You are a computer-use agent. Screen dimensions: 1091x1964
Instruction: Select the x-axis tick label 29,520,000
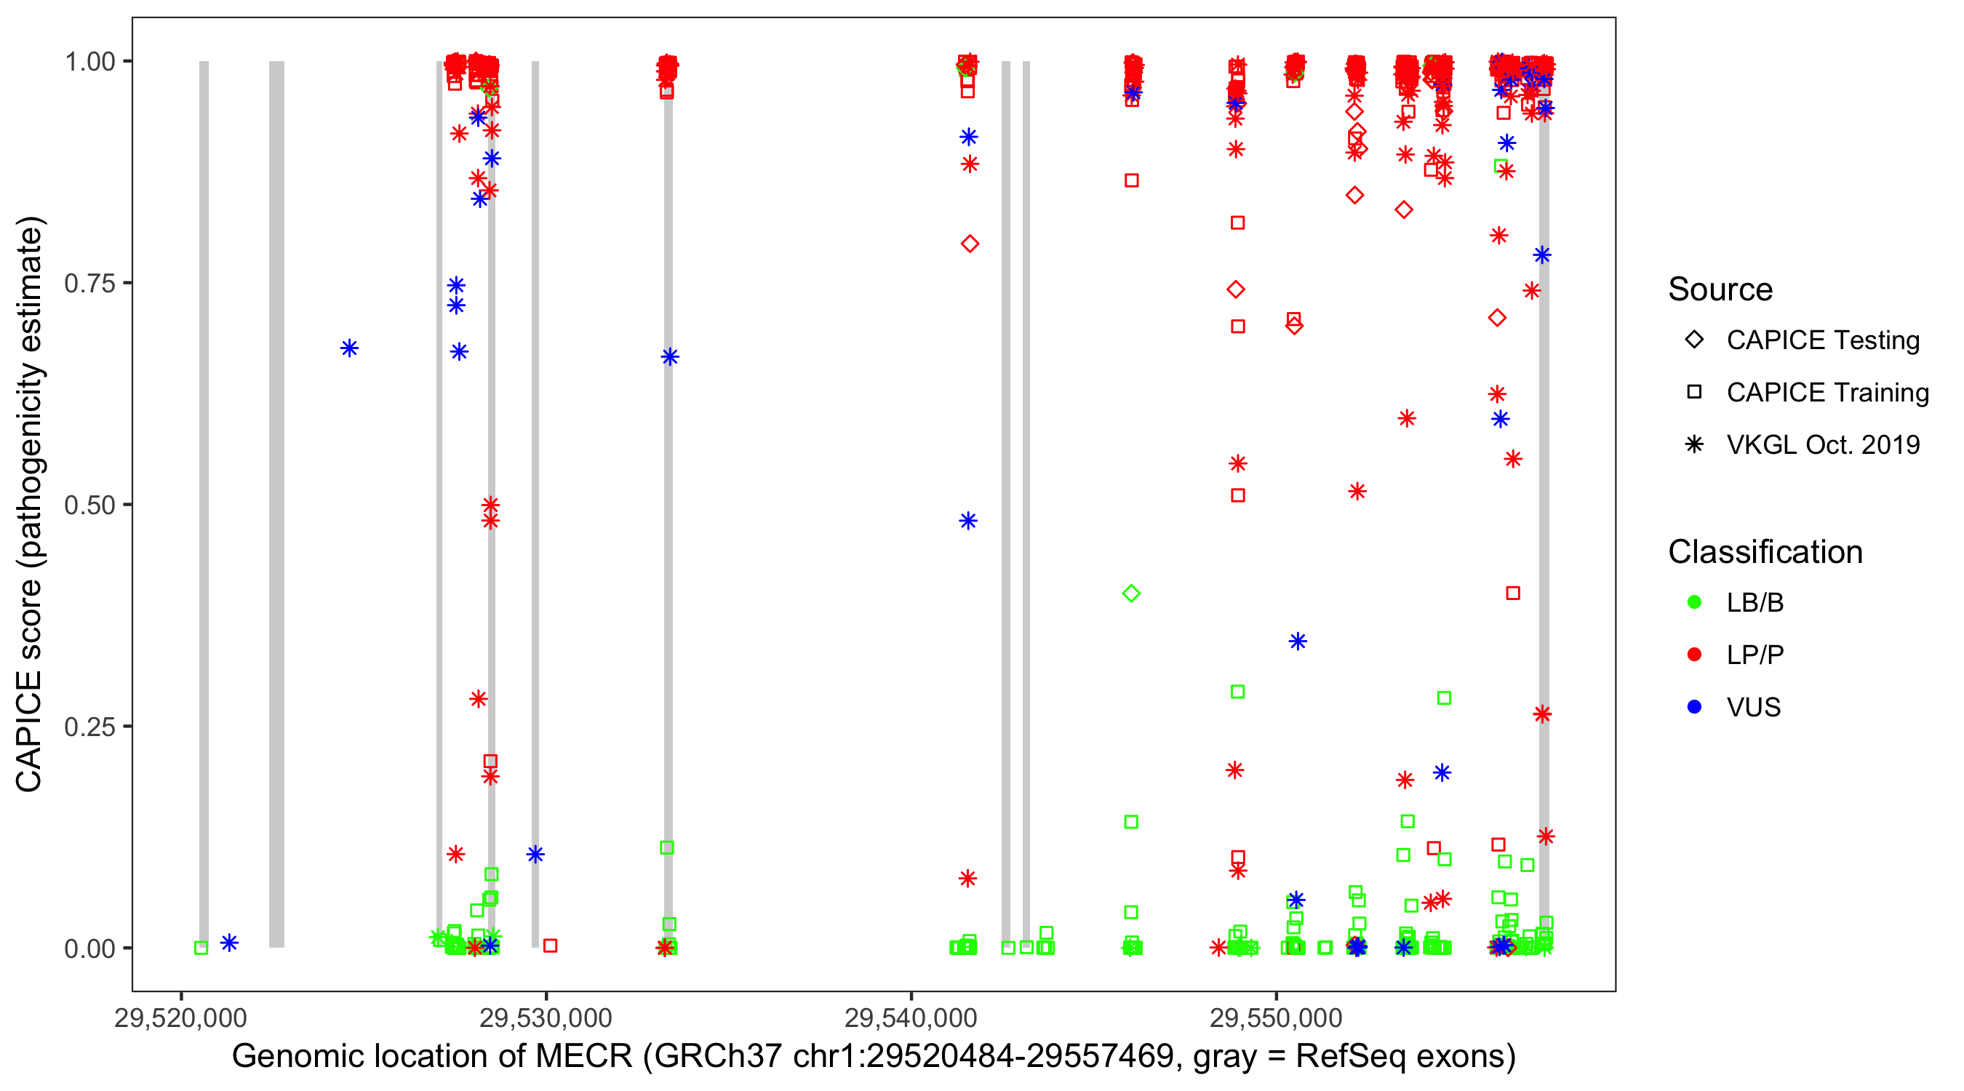click(x=180, y=1018)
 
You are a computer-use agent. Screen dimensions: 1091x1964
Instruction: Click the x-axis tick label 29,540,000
click(x=911, y=1018)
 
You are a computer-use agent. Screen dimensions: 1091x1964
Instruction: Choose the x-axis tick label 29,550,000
click(x=1277, y=1018)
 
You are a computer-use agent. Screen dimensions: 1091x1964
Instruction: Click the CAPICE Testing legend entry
click(x=1822, y=340)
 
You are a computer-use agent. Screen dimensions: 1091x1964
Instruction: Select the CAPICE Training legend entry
click(x=1827, y=393)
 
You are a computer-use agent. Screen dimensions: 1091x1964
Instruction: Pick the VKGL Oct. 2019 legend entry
click(x=1822, y=444)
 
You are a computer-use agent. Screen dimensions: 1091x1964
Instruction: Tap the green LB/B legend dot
click(x=1695, y=602)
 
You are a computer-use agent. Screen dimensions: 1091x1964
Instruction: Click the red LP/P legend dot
click(x=1695, y=655)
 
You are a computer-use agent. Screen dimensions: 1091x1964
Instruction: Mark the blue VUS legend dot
click(x=1695, y=707)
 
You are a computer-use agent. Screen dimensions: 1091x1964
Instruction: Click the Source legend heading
click(x=1720, y=289)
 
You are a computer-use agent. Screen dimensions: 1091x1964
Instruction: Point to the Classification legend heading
click(x=1765, y=552)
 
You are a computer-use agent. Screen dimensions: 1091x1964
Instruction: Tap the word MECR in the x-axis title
click(x=584, y=1057)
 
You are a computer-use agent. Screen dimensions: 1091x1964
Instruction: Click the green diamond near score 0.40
click(x=1131, y=594)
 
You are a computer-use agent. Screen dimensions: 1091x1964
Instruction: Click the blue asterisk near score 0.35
click(x=1298, y=642)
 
